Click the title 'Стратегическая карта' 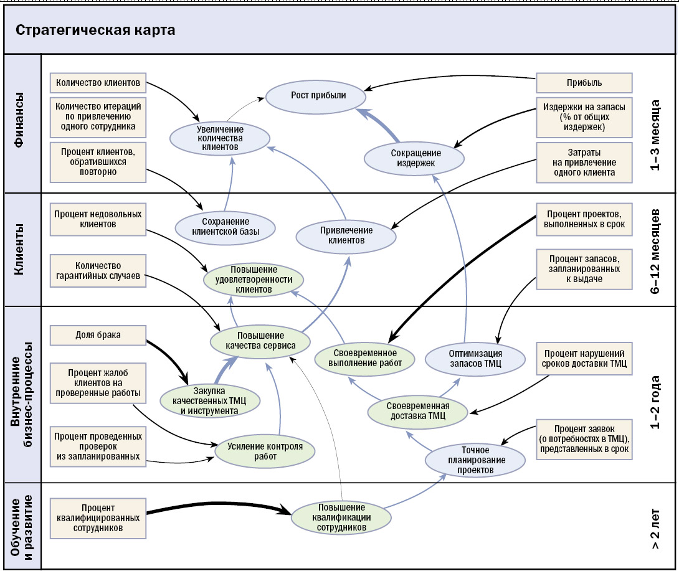(95, 30)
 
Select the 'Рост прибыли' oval (316, 96)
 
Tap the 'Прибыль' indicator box (584, 83)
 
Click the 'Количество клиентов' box (98, 83)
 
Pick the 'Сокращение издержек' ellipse (414, 158)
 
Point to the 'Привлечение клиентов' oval (346, 235)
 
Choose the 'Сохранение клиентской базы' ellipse (225, 227)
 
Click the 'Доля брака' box (98, 335)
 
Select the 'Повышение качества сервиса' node (260, 341)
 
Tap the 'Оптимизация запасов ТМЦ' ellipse (475, 359)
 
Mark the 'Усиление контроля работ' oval (265, 451)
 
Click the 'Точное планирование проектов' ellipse (475, 460)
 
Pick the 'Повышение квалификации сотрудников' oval (341, 517)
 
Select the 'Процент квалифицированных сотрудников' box (98, 518)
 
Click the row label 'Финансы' (19, 120)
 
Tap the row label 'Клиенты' (19, 249)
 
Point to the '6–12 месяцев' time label (655, 252)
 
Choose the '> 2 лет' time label (655, 529)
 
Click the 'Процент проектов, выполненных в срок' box (584, 219)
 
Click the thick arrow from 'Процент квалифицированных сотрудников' (219, 507)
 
